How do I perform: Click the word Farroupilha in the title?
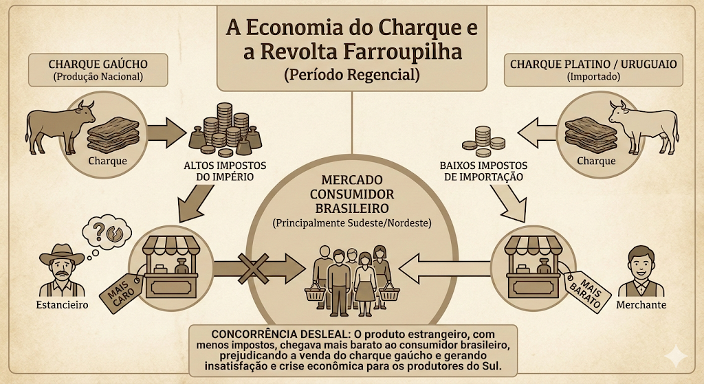click(x=403, y=52)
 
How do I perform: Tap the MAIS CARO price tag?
click(x=120, y=291)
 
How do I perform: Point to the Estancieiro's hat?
click(x=61, y=254)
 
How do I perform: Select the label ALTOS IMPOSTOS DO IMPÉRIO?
click(x=225, y=171)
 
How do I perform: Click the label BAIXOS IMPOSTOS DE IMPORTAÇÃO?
click(x=483, y=171)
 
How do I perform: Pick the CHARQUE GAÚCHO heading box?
click(x=98, y=70)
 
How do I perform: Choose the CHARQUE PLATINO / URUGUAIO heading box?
click(x=593, y=70)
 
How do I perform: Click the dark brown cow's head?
click(x=85, y=112)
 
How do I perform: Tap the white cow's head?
click(x=619, y=112)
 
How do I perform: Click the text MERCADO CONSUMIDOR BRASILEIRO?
click(x=352, y=194)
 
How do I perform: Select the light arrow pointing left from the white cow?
click(x=537, y=133)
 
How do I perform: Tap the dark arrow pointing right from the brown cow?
click(x=166, y=133)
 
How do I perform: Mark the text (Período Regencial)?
click(x=352, y=74)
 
